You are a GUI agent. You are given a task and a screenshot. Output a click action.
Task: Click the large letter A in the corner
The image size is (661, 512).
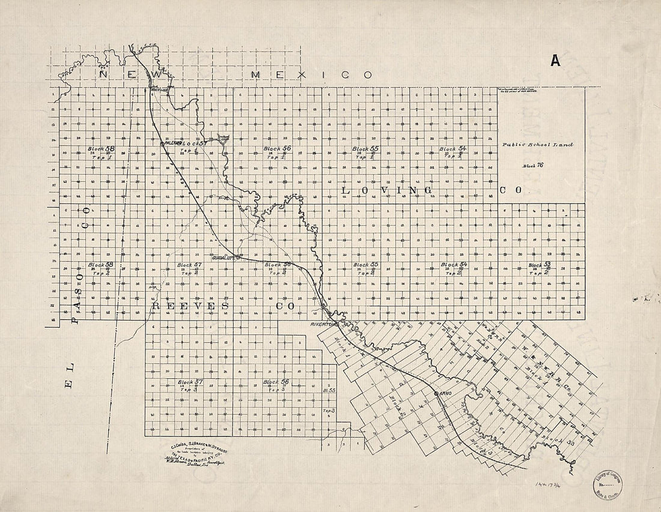click(555, 61)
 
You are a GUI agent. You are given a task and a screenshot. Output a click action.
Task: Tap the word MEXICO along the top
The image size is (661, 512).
click(311, 75)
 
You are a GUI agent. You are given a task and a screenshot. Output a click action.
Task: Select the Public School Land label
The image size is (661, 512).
click(538, 145)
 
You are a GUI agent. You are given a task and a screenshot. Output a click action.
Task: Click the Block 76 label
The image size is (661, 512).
click(532, 165)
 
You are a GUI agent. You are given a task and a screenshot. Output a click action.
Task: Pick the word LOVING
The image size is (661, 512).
click(388, 190)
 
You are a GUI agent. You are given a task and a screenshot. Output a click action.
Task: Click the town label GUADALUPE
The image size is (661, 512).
click(225, 258)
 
